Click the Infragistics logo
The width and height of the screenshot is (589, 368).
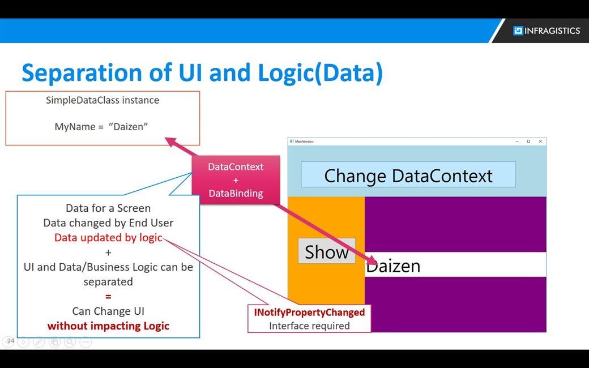click(547, 31)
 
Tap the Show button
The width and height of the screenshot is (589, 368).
click(327, 251)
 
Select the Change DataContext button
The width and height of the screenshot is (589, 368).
click(408, 175)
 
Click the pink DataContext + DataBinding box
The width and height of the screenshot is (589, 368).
click(236, 180)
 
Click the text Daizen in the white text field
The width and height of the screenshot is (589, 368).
click(393, 266)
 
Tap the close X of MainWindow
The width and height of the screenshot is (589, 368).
click(540, 141)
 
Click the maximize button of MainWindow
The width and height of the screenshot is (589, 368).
click(528, 141)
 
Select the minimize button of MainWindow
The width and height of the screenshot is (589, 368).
click(517, 141)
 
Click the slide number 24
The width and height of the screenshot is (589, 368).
click(10, 341)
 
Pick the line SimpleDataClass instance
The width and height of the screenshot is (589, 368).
click(103, 100)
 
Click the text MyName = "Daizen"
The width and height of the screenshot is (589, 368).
click(101, 126)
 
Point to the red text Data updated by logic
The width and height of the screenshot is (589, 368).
click(108, 237)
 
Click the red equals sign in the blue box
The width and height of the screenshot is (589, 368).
click(108, 296)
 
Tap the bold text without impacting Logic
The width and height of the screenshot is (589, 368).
click(108, 326)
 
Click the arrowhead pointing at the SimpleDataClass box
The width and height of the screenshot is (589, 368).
click(170, 141)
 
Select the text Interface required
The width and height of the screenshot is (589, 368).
click(309, 326)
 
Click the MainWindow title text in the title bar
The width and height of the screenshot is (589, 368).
click(304, 141)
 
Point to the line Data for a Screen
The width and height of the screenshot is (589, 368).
click(108, 208)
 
